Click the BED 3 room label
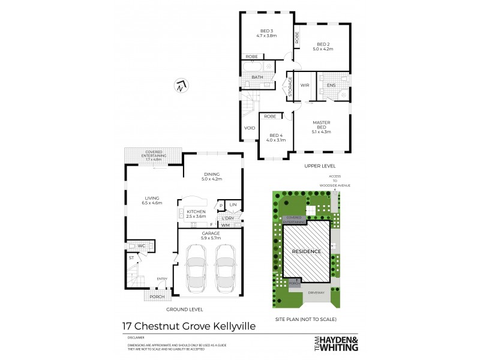point(266,31)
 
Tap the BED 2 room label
point(323,44)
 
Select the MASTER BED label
point(322,125)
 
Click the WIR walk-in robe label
point(305,86)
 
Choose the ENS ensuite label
point(331,86)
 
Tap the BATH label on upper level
point(257,77)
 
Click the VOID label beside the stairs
point(250,128)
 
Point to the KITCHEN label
point(196,212)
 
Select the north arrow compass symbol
point(181,86)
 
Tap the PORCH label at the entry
point(157,296)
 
